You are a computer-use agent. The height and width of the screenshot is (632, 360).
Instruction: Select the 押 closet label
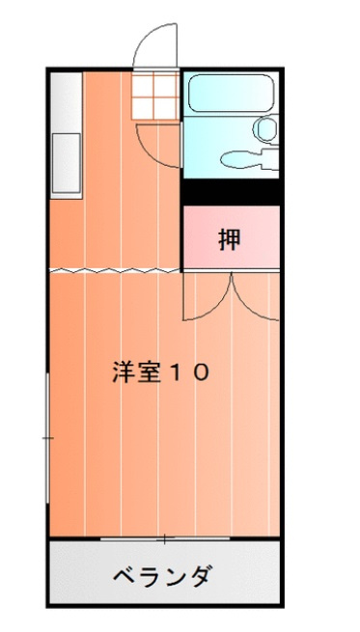coord(229,238)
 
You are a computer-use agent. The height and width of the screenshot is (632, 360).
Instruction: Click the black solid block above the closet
coord(232,191)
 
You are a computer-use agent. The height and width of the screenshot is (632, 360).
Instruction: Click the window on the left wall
coord(49,439)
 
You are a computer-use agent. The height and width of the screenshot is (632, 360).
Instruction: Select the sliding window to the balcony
coord(164,536)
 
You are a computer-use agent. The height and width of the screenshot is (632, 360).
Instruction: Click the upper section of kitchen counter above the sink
coord(65,101)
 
